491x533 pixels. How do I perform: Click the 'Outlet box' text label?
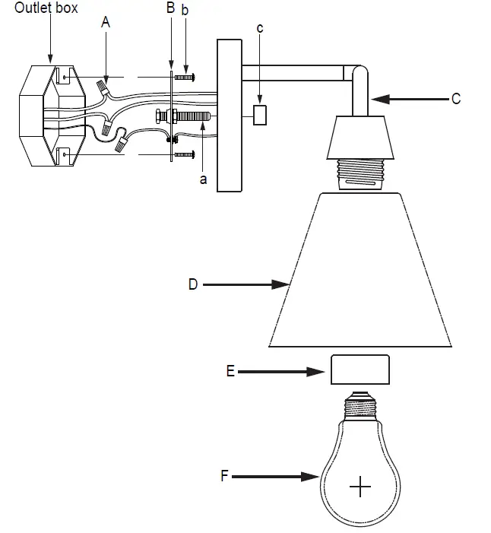pos(46,8)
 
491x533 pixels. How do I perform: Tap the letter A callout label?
pos(106,24)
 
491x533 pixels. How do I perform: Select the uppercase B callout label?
pos(170,9)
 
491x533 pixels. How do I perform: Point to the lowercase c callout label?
pos(260,29)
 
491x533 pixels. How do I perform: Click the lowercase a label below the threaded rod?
pos(202,179)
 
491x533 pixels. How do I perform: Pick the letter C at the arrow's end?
pos(455,99)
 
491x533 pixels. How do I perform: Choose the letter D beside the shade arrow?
pos(193,284)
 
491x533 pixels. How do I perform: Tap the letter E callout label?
pos(230,372)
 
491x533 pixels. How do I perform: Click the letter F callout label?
pos(224,477)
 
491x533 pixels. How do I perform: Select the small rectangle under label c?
pos(260,115)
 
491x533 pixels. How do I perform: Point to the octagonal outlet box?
pos(51,116)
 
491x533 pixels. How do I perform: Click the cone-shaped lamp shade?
pos(360,270)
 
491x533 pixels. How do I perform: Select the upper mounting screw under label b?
pos(185,77)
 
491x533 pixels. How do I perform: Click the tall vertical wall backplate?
pos(229,116)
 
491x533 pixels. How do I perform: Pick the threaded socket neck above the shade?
pos(360,173)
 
